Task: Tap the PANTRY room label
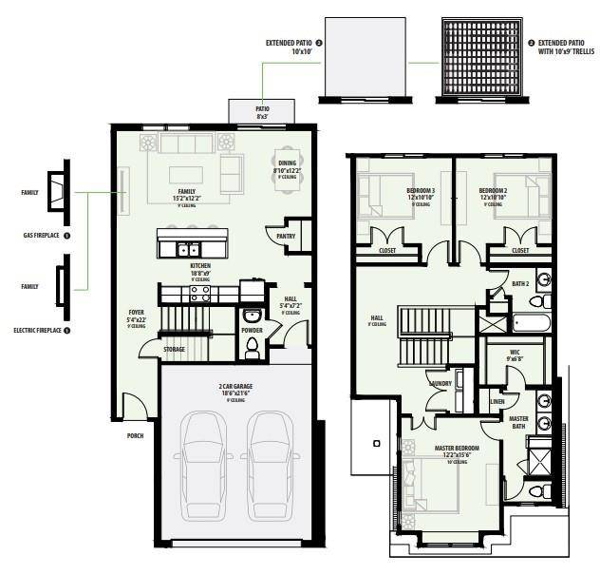(286, 235)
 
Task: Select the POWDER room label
(252, 332)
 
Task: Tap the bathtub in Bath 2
(531, 323)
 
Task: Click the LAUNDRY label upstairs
(440, 384)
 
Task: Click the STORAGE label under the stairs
(174, 349)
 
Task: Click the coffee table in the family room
(188, 173)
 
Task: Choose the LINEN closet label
(497, 401)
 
